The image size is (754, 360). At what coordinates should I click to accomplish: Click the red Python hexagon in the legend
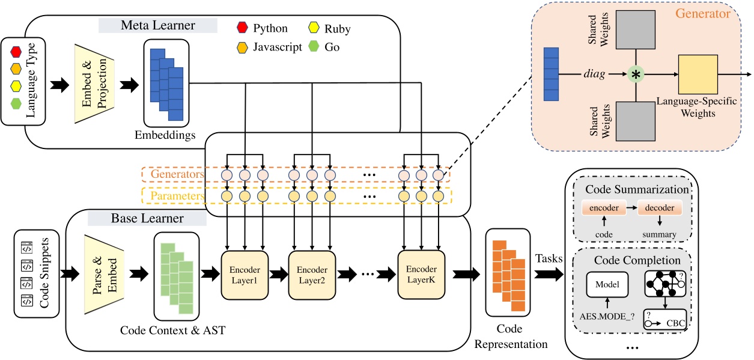click(243, 29)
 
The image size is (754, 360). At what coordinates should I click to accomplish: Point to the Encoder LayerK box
click(421, 275)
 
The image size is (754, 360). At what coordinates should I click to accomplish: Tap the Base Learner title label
click(147, 218)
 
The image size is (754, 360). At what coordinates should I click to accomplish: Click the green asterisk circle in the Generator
click(636, 75)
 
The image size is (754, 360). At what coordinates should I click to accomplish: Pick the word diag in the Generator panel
click(594, 75)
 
